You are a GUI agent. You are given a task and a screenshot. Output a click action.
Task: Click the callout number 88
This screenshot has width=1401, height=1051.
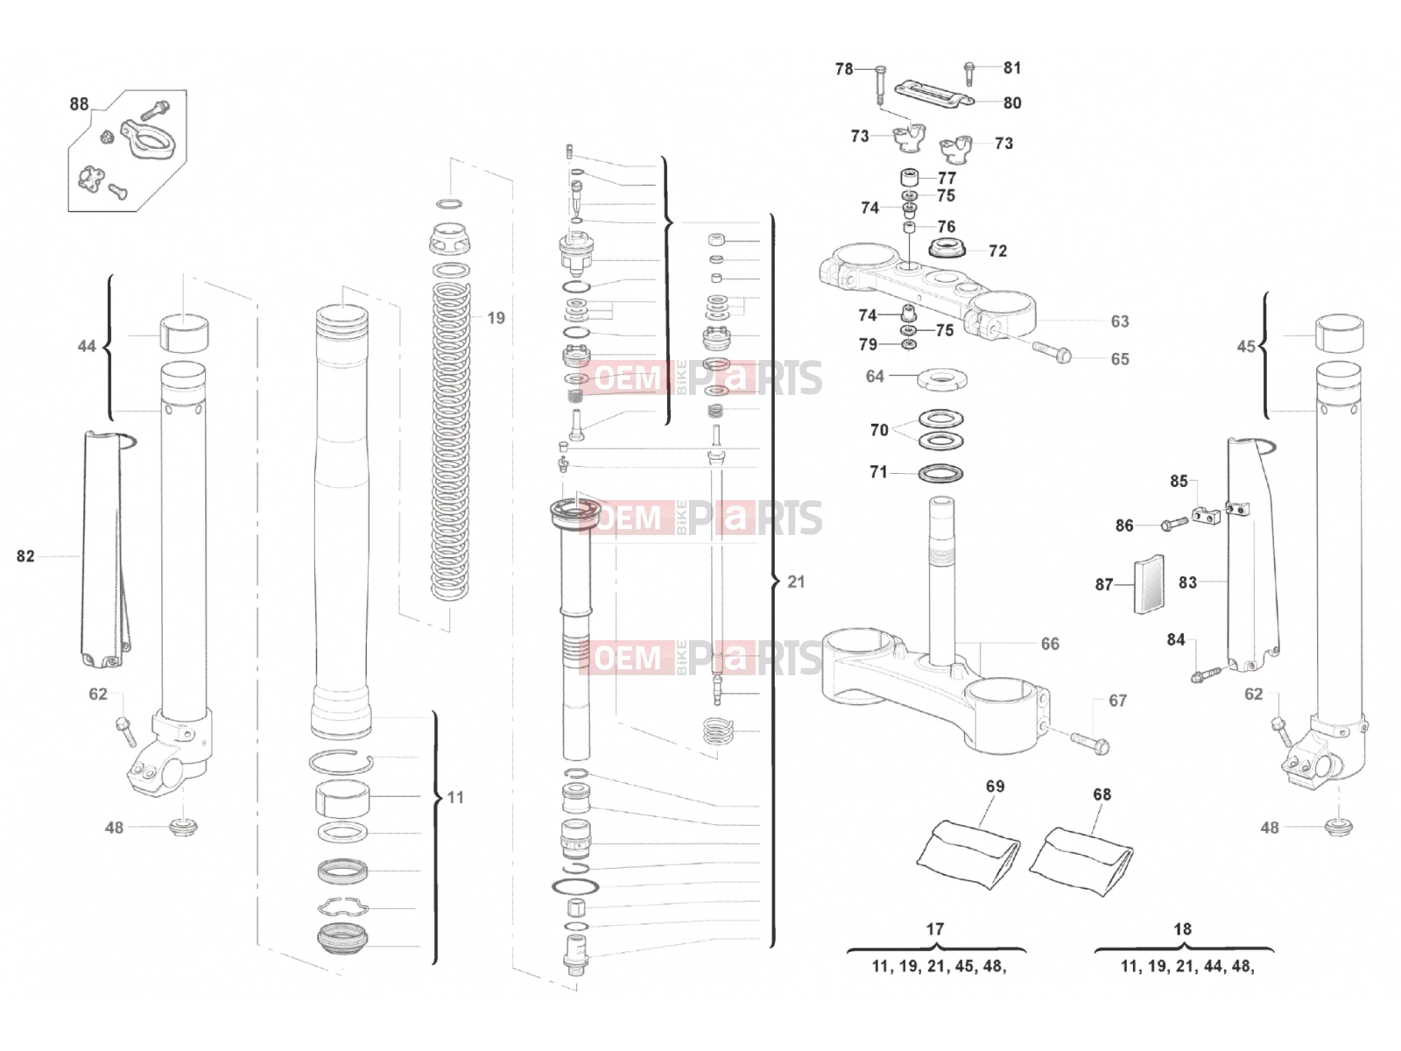pos(79,104)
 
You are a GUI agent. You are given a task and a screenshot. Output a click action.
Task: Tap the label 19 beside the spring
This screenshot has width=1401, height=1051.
pos(496,318)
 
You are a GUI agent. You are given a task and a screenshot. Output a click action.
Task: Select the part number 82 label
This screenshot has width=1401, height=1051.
pos(25,556)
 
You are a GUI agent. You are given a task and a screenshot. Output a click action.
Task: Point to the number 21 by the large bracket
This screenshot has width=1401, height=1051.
pos(796,582)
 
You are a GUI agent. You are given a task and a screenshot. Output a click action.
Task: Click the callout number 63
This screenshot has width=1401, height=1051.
pos(1120,321)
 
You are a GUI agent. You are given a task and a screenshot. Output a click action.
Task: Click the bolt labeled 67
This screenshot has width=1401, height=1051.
pos(1089,743)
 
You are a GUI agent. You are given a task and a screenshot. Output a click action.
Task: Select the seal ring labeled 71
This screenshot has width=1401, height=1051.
pos(940,474)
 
